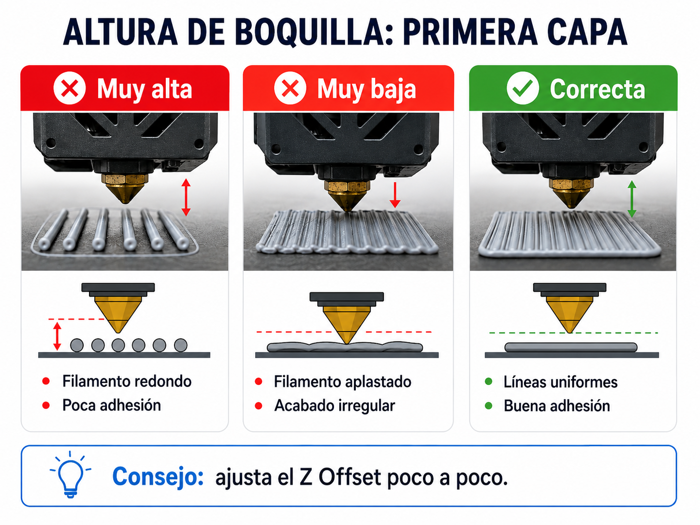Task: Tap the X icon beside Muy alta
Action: click(x=70, y=88)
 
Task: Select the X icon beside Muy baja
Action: click(x=290, y=88)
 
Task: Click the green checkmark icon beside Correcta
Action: click(x=523, y=88)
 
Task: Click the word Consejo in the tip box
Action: click(x=158, y=477)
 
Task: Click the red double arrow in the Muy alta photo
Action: click(x=186, y=197)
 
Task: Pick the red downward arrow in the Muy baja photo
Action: click(x=395, y=195)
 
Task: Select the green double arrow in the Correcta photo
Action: click(x=632, y=199)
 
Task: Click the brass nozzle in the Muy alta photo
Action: click(x=125, y=189)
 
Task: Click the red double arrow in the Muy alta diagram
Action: click(x=57, y=336)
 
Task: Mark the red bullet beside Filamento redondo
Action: click(x=46, y=381)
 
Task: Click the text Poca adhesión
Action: click(x=112, y=405)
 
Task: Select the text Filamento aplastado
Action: click(x=342, y=381)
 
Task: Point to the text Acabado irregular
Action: click(x=335, y=406)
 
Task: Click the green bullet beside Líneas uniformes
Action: click(x=489, y=381)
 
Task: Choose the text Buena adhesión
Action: click(x=557, y=406)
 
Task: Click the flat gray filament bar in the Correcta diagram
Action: click(x=571, y=348)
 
